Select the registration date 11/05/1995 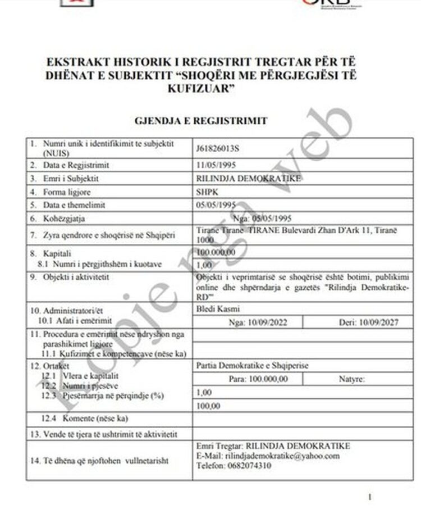[216, 165]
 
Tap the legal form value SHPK [206, 192]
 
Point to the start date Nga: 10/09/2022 [249, 322]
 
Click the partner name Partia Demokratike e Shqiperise [253, 366]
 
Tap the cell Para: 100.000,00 [258, 379]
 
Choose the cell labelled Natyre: [352, 379]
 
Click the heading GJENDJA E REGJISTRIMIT [201, 121]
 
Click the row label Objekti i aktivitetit [77, 276]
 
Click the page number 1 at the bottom [370, 497]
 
